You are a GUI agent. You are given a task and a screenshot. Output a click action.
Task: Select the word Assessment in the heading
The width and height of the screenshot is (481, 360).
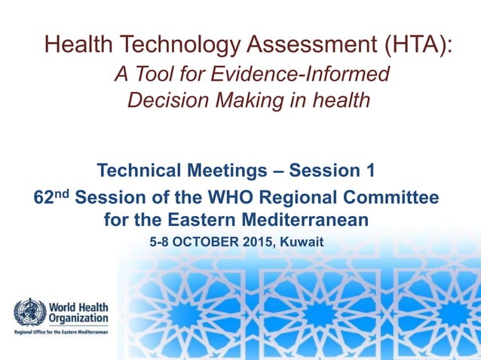click(x=289, y=44)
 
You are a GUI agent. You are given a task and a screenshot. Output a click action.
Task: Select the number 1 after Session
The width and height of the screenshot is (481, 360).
click(x=369, y=171)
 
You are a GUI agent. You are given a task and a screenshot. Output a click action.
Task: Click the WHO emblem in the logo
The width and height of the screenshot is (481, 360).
click(x=30, y=313)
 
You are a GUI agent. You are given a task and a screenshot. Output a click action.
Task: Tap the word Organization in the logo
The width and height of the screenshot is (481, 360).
click(x=78, y=319)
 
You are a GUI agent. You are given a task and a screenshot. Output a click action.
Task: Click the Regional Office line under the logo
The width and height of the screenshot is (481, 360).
click(x=60, y=332)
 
